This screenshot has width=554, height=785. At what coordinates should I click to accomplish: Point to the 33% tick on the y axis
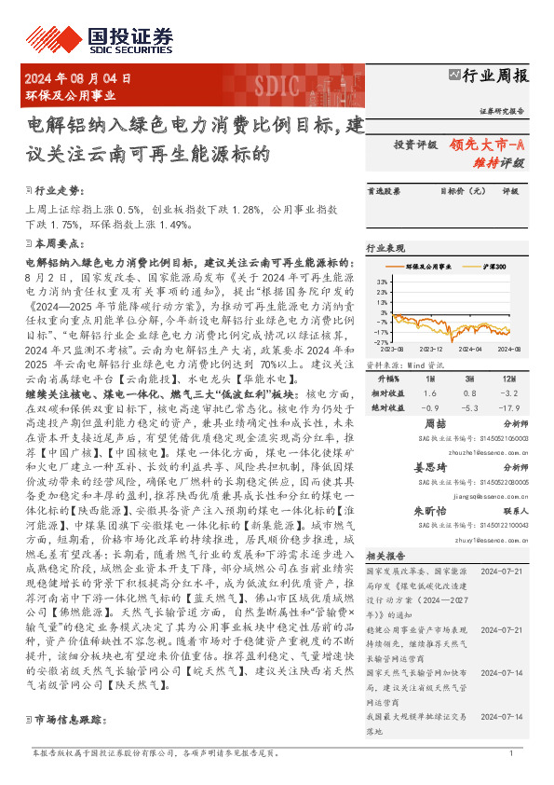tap(383, 280)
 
